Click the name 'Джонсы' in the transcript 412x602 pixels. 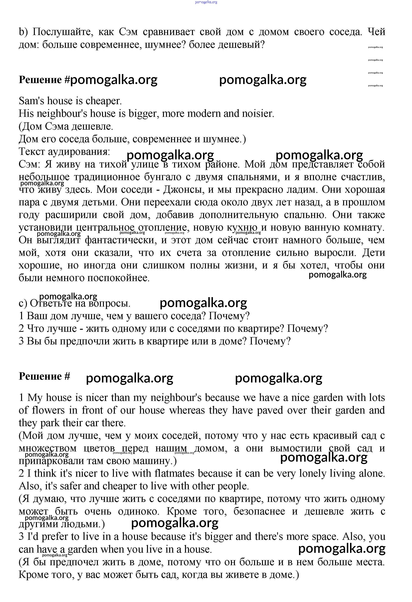pyautogui.click(x=183, y=190)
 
